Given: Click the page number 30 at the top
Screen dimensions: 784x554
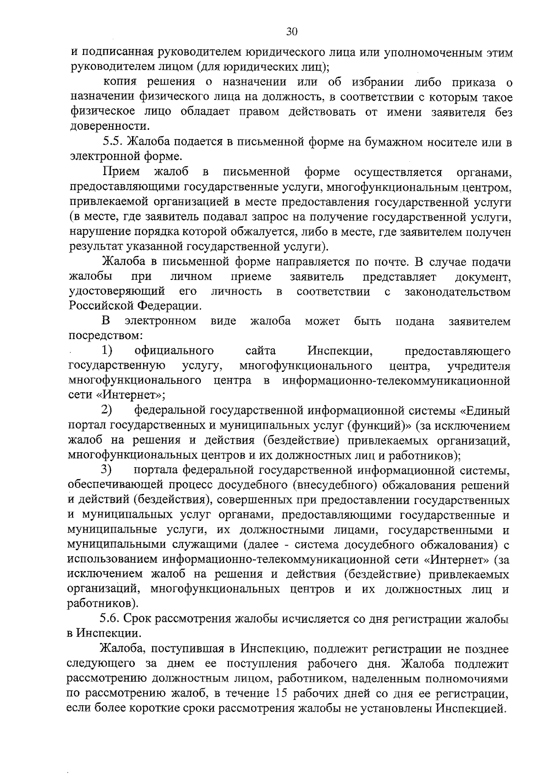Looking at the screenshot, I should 292,32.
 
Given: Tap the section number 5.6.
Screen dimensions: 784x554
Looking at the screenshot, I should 111,620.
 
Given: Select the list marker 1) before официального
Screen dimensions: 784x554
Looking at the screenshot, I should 107,351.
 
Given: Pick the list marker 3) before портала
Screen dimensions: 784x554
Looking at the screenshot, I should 107,470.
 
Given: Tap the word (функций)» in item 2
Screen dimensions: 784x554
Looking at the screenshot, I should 380,425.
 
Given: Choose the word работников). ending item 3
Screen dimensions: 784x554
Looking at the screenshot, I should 102,603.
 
